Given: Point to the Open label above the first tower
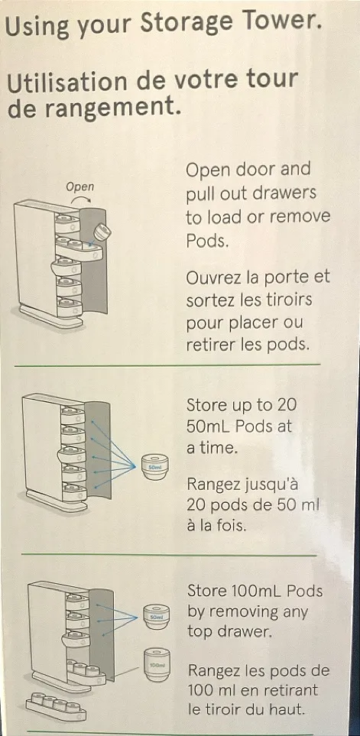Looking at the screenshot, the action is tap(79, 186).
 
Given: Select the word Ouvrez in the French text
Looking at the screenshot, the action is tap(213, 277).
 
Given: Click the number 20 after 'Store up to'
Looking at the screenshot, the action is tap(287, 404).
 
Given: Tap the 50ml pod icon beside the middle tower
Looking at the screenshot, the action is tap(154, 467).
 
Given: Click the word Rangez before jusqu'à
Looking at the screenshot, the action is tap(213, 485).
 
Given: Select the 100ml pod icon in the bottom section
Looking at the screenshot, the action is tap(157, 665).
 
